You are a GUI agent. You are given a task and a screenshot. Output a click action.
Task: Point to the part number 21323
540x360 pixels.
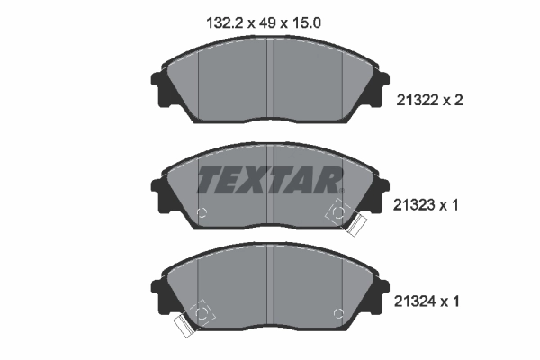pos(416,204)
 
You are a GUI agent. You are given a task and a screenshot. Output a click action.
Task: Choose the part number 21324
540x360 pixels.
pos(416,303)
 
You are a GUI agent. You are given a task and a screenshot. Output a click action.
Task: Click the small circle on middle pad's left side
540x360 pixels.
pos(202,213)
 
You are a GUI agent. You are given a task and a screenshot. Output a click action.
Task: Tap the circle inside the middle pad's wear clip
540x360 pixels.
pos(339,212)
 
